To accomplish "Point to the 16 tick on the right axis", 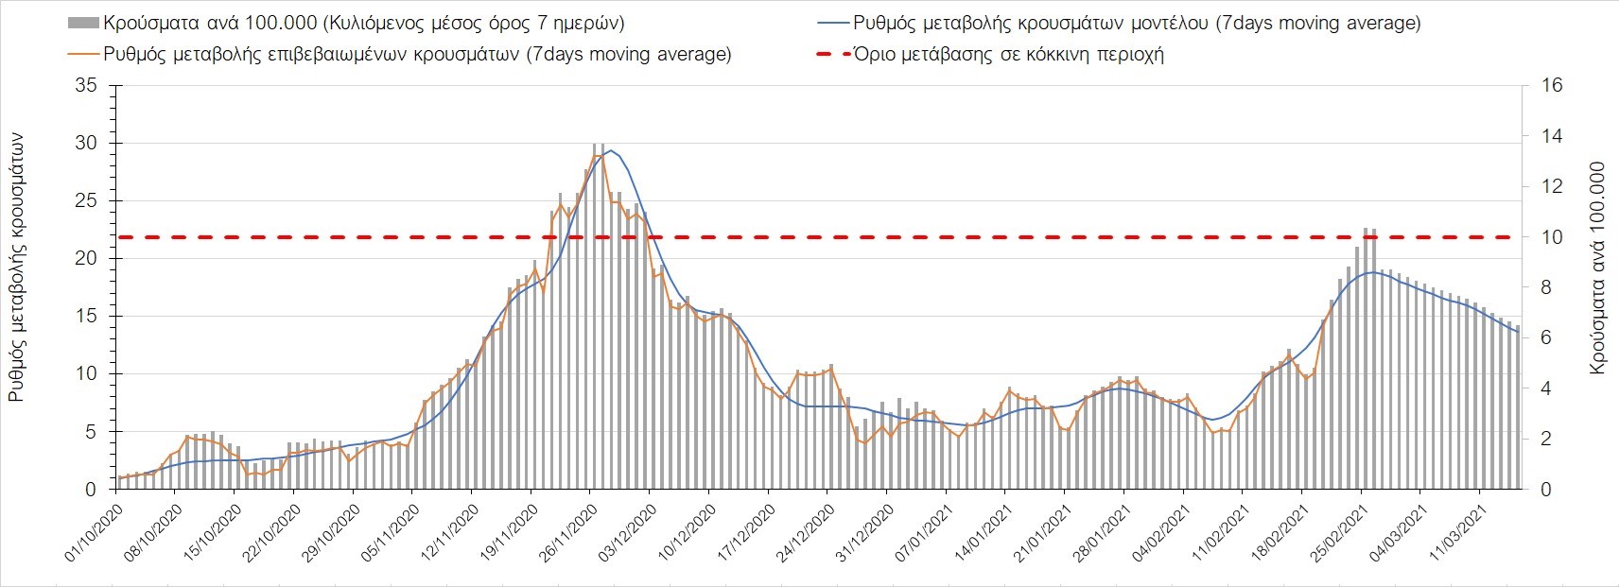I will click(x=1552, y=86).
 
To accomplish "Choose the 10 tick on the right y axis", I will click(x=1552, y=237).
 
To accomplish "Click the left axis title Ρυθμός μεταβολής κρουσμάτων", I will click(x=17, y=268).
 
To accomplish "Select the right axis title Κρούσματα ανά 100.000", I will click(x=1597, y=268).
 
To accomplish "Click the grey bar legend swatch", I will click(x=82, y=23).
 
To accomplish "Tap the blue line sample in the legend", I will click(x=835, y=23).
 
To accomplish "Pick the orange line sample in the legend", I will click(x=82, y=54).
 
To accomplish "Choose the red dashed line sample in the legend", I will click(x=835, y=54).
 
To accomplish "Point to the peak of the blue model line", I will click(x=611, y=150).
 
